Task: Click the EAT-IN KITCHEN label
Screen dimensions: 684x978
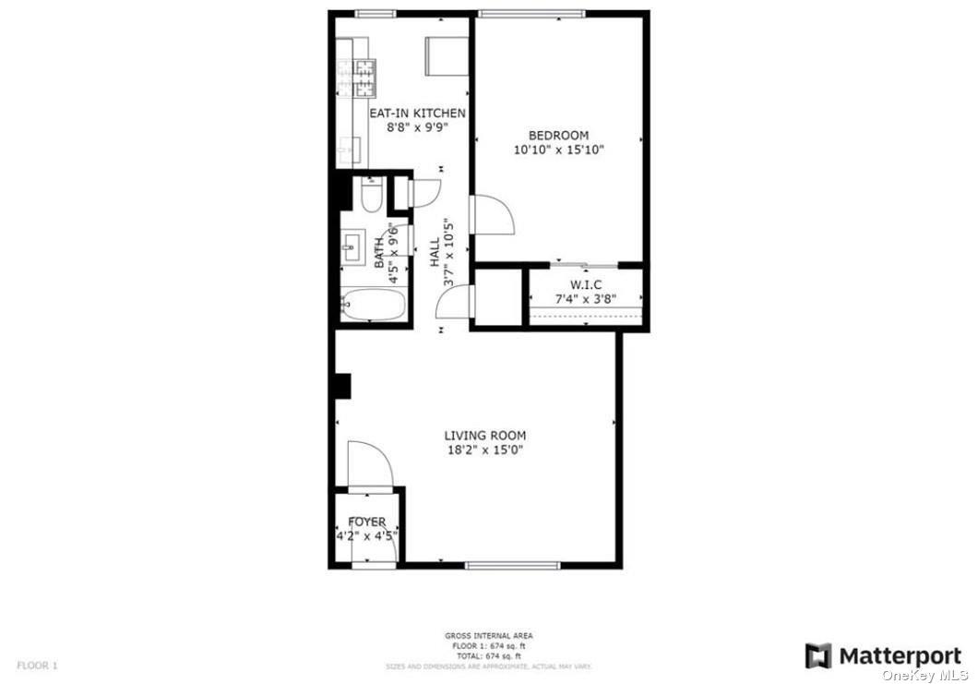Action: [417, 114]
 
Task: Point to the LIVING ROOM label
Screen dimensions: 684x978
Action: [485, 437]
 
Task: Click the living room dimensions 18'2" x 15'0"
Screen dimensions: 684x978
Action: [485, 450]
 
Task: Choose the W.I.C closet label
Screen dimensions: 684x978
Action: [586, 284]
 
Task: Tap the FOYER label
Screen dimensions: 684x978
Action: [367, 522]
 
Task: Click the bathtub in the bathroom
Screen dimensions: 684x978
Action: [373, 306]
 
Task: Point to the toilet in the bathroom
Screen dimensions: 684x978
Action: [372, 196]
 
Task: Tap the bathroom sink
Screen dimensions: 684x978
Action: [352, 245]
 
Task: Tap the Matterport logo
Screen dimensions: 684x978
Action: [883, 656]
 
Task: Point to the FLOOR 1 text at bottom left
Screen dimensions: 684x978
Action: [37, 665]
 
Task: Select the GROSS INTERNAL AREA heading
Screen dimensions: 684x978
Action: [488, 636]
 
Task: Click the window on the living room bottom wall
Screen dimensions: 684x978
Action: [499, 565]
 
